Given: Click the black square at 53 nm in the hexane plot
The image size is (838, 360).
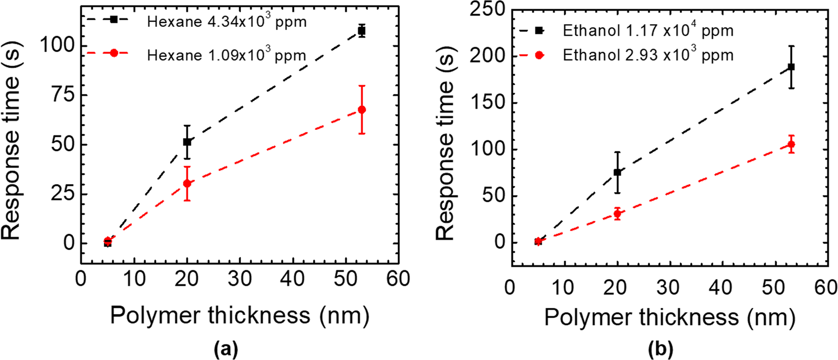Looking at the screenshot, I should pyautogui.click(x=362, y=31).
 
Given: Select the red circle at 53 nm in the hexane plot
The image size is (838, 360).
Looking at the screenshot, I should pyautogui.click(x=362, y=110).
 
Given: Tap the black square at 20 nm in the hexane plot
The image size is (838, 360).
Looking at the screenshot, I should pyautogui.click(x=187, y=142).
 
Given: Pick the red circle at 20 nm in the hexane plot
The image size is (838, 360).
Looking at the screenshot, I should pyautogui.click(x=187, y=183).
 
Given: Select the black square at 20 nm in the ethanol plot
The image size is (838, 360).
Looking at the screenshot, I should pyautogui.click(x=617, y=172).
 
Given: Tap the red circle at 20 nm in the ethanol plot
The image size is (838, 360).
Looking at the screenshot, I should pyautogui.click(x=617, y=214).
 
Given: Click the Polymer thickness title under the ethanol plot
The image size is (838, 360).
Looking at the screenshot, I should pyautogui.click(x=669, y=319).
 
